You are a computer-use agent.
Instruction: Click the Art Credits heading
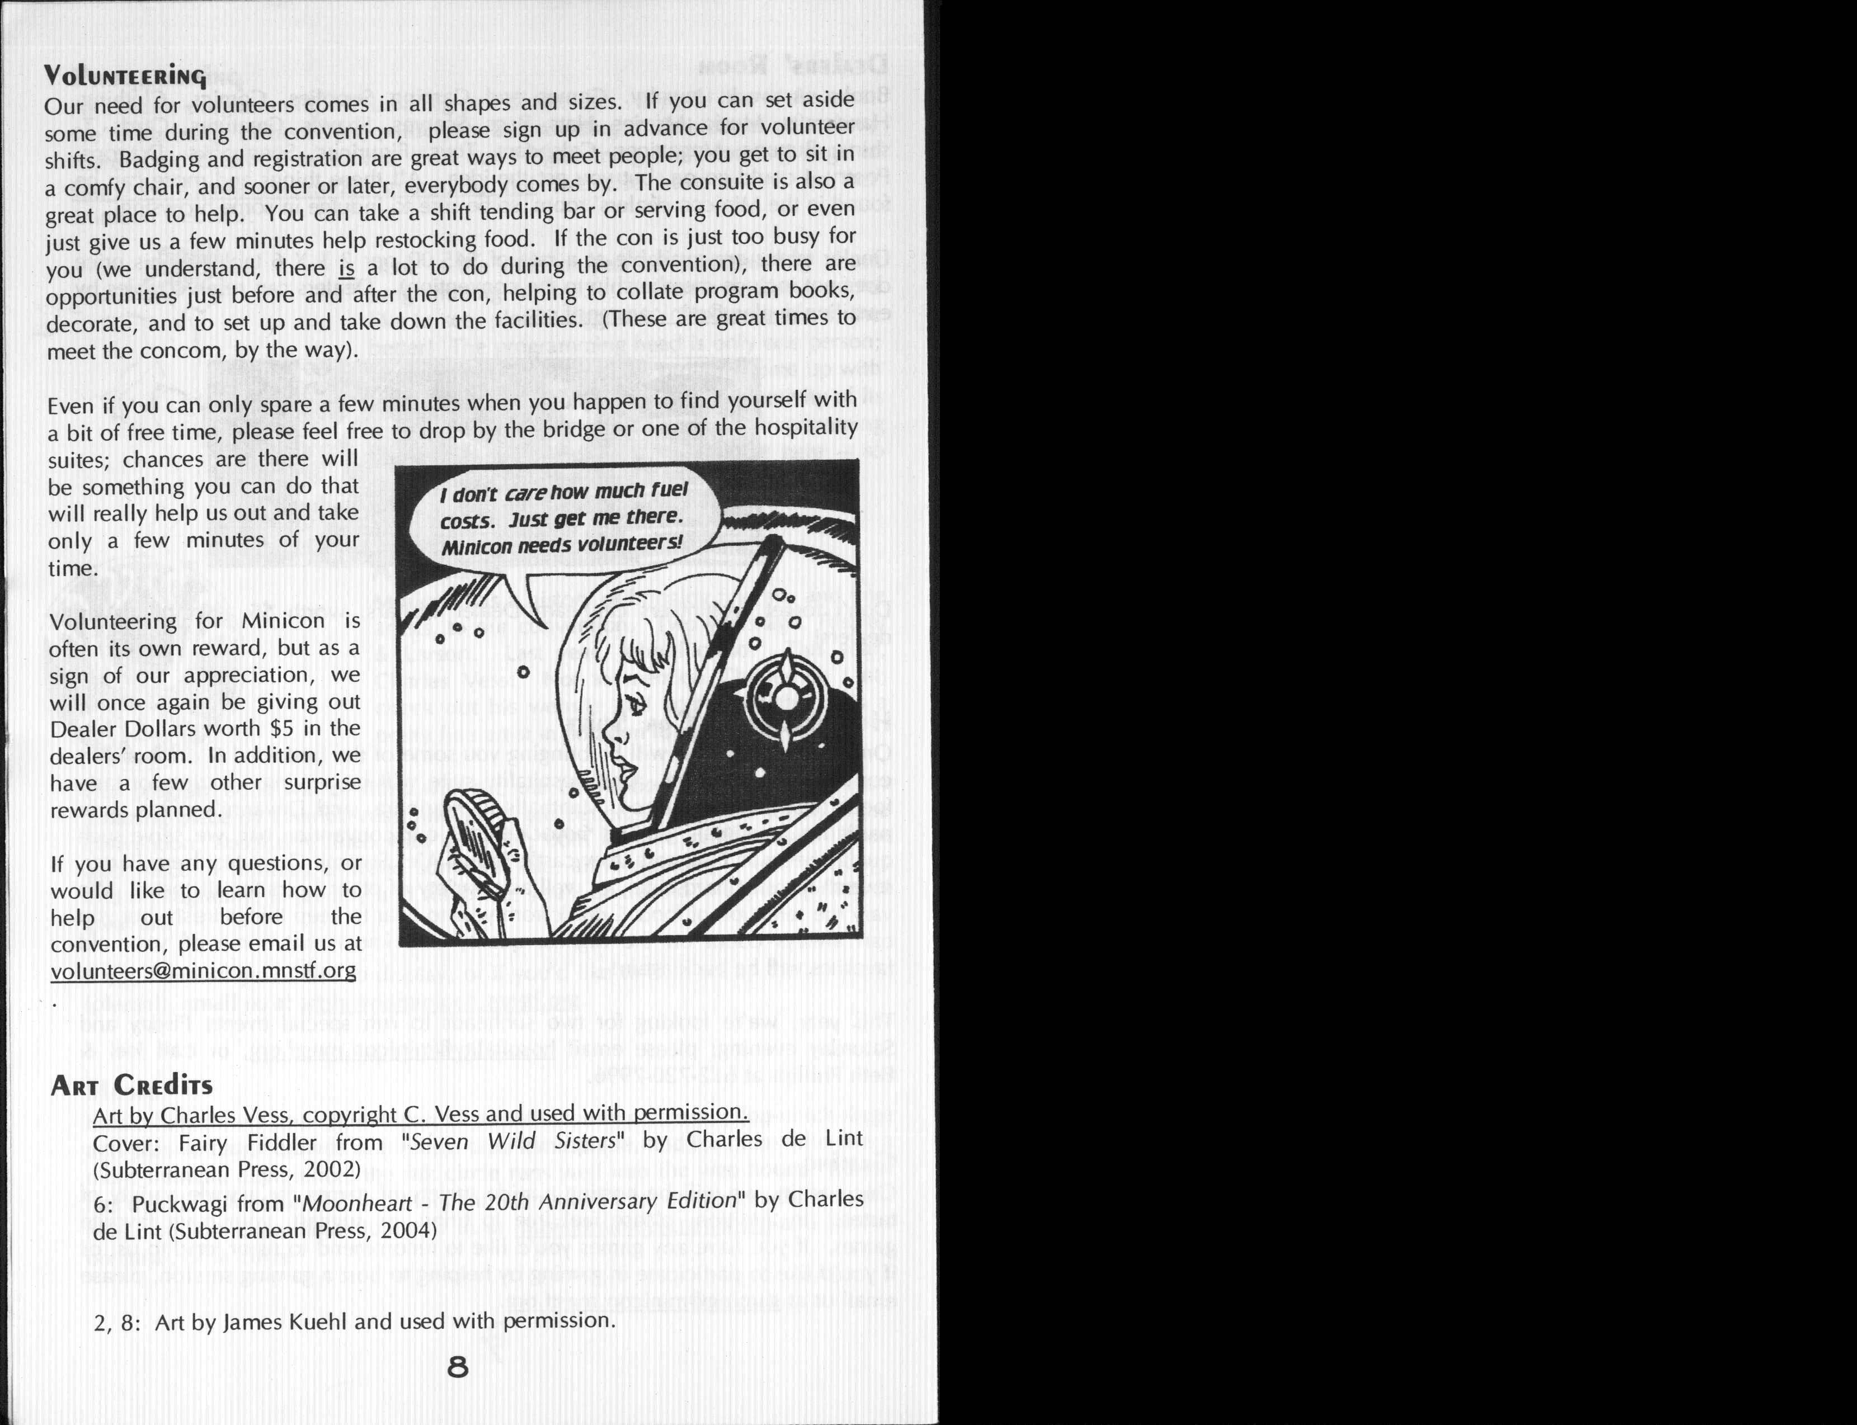131,1085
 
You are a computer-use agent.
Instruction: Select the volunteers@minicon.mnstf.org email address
204,970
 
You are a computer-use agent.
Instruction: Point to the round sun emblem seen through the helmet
786,698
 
